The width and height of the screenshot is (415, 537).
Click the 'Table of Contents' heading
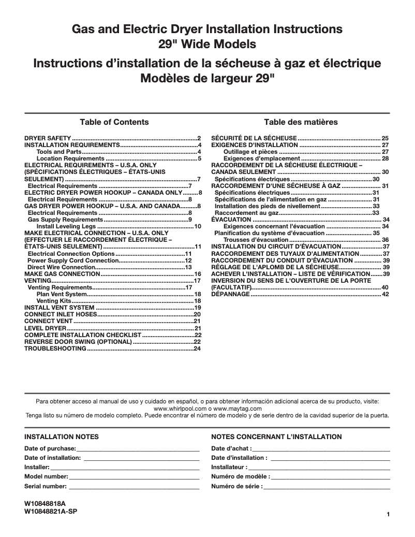pos(114,122)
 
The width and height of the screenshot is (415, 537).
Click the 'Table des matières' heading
pos(301,122)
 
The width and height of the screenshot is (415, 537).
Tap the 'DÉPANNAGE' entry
pos(230,294)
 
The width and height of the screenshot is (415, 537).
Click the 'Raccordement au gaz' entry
pos(246,213)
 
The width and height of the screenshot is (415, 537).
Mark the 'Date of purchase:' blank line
pos(138,448)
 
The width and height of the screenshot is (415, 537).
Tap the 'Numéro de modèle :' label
pos(241,477)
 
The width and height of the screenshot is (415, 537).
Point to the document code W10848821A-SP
pos(51,512)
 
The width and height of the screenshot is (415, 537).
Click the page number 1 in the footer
pos(388,514)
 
